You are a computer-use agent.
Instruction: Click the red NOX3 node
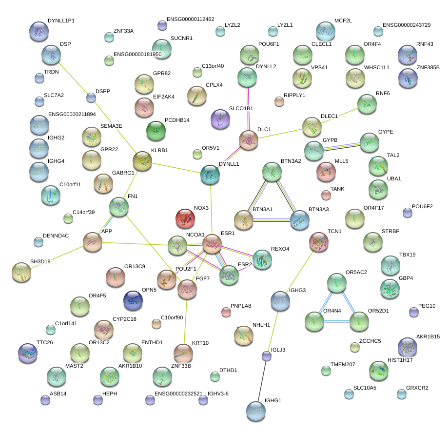tap(185, 218)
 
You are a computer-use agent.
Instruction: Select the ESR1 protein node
tap(212, 244)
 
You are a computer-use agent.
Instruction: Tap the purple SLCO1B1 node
tap(220, 119)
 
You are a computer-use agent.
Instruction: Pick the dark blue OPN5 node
tap(133, 301)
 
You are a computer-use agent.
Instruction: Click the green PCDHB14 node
tap(156, 130)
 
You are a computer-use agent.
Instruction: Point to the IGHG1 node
tap(256, 411)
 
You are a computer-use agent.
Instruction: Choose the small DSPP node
tap(91, 98)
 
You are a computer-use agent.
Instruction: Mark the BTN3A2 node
tap(272, 172)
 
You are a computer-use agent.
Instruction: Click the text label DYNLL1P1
tap(61, 21)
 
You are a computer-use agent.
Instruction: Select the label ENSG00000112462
tap(190, 20)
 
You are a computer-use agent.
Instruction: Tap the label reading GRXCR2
tap(417, 388)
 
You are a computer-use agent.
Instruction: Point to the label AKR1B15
tap(428, 336)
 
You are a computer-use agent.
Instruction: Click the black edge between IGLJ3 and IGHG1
tap(262, 382)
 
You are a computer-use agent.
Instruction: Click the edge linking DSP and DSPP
tap(74, 79)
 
